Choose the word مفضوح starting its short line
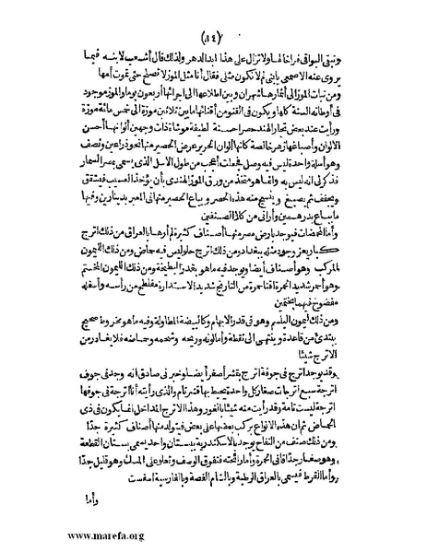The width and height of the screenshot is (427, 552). click(x=350, y=293)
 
